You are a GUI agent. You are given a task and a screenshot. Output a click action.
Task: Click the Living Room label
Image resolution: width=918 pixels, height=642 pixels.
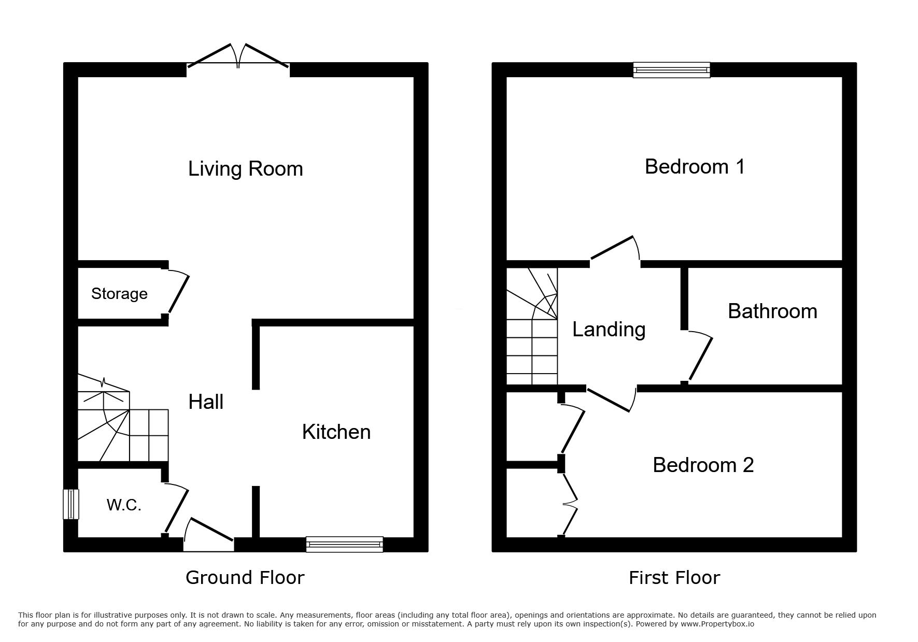[245, 169]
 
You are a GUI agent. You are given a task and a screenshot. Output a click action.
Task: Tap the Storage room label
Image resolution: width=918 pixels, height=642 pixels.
[119, 294]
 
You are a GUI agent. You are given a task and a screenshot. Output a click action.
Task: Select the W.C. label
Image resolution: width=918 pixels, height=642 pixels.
[124, 505]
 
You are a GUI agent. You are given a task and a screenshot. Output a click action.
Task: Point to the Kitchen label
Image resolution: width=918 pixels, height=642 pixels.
[336, 432]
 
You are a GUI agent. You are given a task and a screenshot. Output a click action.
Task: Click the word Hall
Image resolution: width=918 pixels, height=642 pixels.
[206, 402]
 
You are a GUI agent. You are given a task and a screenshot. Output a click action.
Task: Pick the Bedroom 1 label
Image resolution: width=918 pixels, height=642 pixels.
[695, 166]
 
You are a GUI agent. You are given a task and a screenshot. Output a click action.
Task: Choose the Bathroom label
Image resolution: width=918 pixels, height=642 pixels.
[772, 311]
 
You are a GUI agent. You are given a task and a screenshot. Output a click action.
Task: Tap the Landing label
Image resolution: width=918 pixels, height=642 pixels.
[609, 330]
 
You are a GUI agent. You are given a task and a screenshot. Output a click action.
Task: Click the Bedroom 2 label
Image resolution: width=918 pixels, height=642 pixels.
[703, 465]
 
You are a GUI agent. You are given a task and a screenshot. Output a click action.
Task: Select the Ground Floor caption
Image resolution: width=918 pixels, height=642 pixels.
[245, 577]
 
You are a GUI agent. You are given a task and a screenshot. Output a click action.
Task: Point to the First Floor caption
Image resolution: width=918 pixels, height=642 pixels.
[674, 577]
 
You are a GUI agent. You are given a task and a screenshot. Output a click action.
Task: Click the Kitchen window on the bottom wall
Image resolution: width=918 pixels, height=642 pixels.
[344, 544]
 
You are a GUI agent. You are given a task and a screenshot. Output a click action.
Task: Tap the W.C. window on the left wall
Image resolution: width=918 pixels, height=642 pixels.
[71, 504]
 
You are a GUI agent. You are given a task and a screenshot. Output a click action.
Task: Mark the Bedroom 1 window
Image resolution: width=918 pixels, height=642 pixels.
[671, 70]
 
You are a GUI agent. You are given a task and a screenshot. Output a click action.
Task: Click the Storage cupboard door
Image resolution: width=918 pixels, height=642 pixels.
[177, 292]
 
